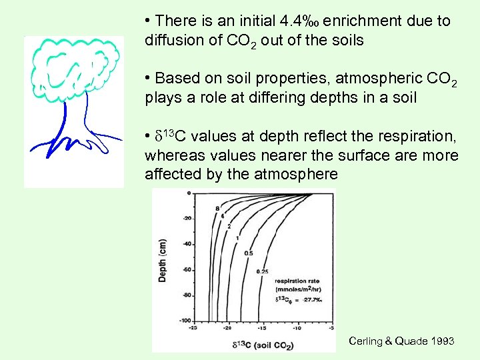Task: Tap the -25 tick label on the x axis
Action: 192,328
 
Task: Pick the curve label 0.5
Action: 248,253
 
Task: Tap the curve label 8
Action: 217,209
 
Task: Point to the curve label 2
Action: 229,227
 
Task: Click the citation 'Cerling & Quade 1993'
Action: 401,341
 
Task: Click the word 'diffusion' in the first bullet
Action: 170,40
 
